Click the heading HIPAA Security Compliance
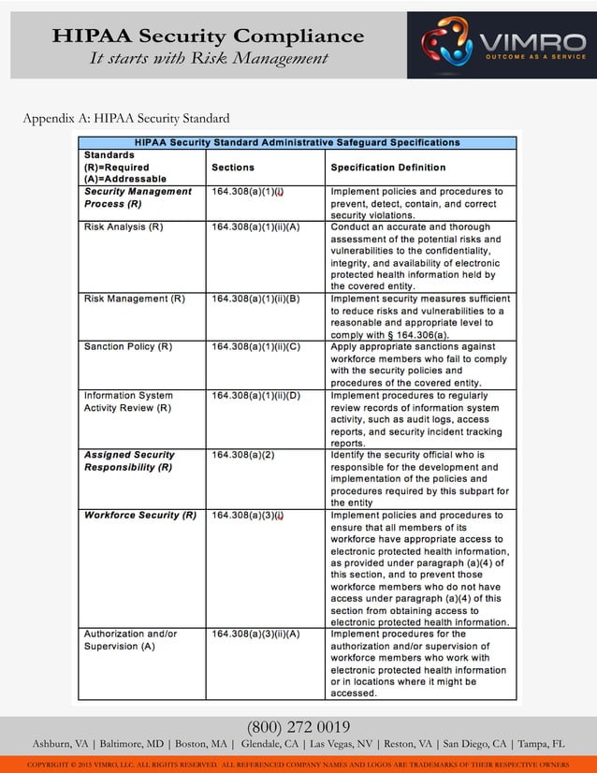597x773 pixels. coord(208,36)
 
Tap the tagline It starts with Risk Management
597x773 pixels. coord(209,59)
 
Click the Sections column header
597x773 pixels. coord(233,168)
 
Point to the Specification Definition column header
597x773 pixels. coord(388,168)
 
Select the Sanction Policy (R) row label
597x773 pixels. coord(128,346)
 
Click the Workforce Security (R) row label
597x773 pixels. coord(140,516)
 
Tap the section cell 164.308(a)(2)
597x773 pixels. coord(243,455)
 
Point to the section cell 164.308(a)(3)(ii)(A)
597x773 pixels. coord(255,634)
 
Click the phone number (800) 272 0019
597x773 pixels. coord(298,727)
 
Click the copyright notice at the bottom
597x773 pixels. coord(298,765)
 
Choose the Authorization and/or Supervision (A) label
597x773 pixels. coord(131,639)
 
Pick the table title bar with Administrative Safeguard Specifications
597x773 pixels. coord(298,142)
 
